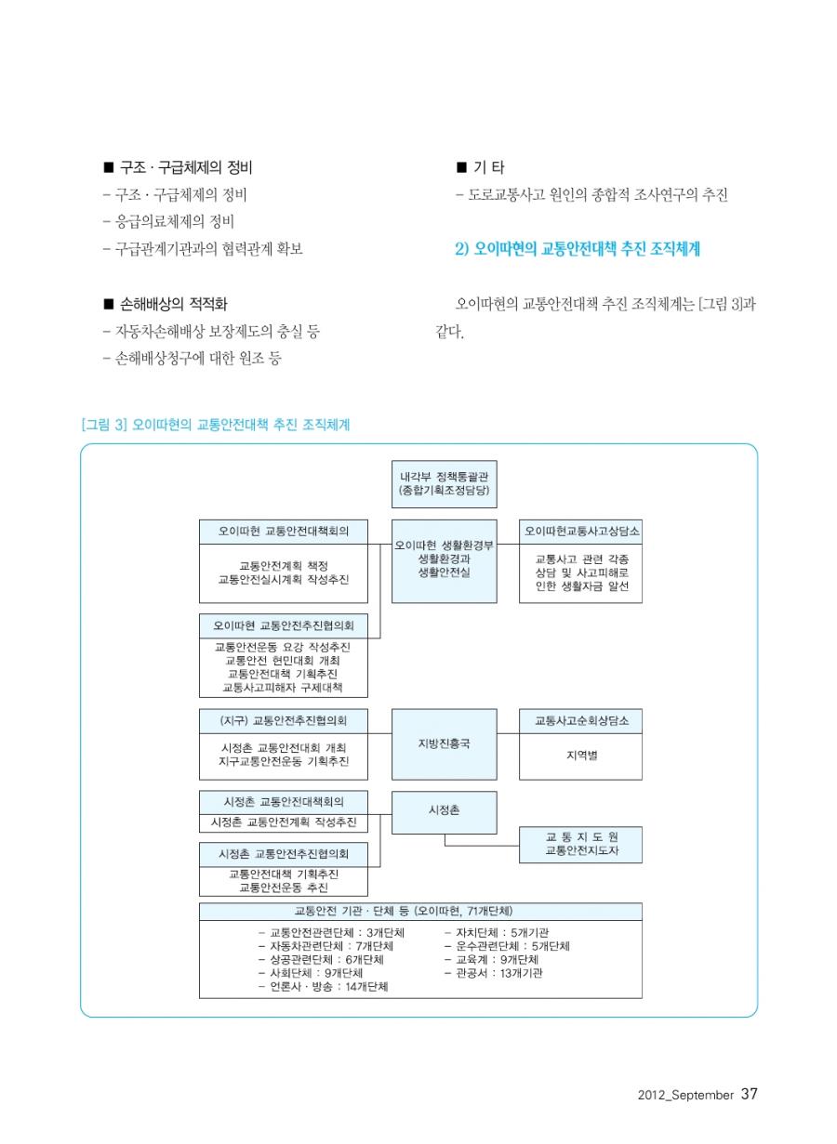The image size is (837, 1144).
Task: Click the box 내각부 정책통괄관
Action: point(444,483)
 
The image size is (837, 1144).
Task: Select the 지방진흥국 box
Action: point(444,743)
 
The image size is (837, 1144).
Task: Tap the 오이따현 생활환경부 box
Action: point(444,560)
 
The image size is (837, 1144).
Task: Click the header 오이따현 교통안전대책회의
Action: point(283,532)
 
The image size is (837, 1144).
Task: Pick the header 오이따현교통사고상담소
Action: point(580,532)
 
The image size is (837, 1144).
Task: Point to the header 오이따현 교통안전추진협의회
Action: point(283,625)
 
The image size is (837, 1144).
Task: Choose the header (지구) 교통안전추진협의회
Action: point(283,720)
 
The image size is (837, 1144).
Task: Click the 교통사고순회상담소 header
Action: point(580,720)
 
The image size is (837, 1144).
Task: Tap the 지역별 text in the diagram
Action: point(581,755)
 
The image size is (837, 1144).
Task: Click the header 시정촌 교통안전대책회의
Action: point(283,802)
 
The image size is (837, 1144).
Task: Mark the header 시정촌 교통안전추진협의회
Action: point(283,854)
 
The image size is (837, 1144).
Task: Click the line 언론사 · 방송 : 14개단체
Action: point(323,986)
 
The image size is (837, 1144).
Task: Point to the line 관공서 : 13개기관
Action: point(493,973)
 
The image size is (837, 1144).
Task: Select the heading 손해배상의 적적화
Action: point(166,305)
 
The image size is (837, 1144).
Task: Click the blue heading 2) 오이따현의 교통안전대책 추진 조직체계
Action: point(578,249)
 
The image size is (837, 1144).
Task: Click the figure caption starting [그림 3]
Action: point(216,425)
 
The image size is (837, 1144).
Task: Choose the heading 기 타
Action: point(480,167)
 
